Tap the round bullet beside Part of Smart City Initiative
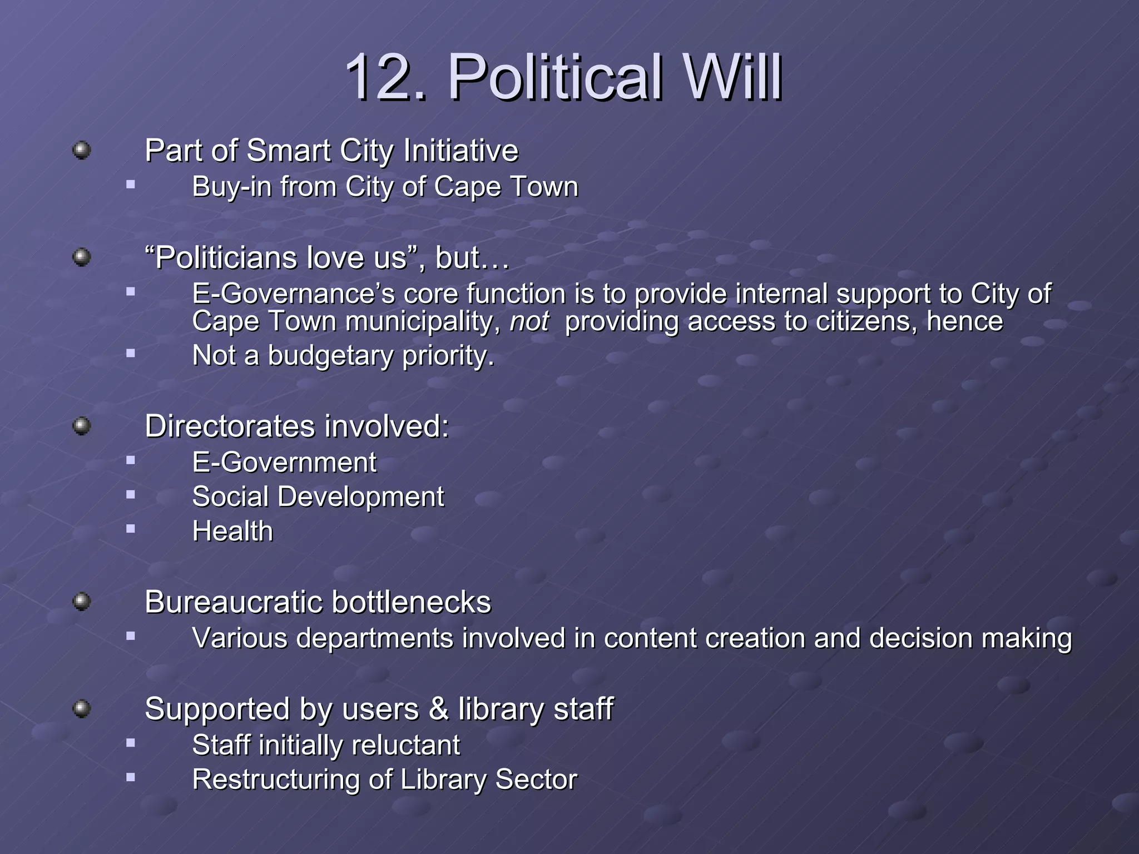[x=82, y=150]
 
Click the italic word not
[x=529, y=322]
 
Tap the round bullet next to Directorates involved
[x=82, y=426]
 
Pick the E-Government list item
[x=284, y=463]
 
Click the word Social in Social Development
[x=230, y=496]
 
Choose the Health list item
[x=232, y=531]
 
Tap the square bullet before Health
[x=131, y=529]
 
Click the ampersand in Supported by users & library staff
[x=439, y=709]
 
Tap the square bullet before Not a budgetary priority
[x=131, y=352]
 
